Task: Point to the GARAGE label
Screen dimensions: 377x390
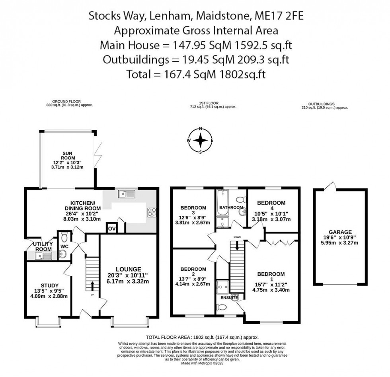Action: (x=340, y=232)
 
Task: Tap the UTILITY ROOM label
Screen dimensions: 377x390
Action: (x=43, y=246)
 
